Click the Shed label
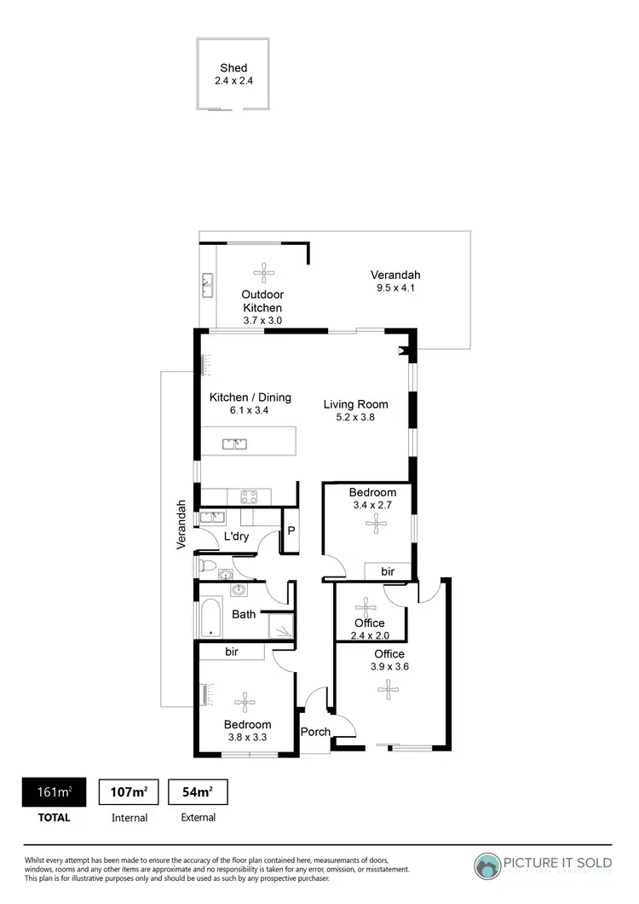click(x=233, y=67)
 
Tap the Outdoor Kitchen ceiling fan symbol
click(x=262, y=274)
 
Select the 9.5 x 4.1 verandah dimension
click(x=395, y=288)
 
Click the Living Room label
click(x=355, y=404)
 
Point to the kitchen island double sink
click(x=234, y=443)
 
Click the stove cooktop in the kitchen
click(x=250, y=496)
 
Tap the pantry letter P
click(x=291, y=530)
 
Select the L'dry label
click(x=236, y=536)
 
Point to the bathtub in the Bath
click(x=210, y=617)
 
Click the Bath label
click(x=244, y=613)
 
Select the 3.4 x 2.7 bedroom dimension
click(x=372, y=506)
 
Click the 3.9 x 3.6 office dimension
click(x=389, y=667)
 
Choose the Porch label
click(x=315, y=732)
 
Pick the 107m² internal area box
click(x=130, y=792)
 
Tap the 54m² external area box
click(x=198, y=792)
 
